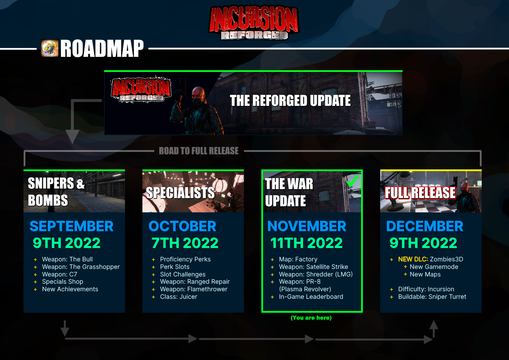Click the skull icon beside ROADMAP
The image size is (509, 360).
(50, 48)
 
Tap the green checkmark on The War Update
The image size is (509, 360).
(352, 181)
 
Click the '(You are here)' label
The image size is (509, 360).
(311, 318)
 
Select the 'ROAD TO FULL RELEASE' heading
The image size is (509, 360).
(199, 151)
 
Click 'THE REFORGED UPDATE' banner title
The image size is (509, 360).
(290, 101)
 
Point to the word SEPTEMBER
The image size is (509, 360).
(71, 226)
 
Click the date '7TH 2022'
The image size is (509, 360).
(185, 243)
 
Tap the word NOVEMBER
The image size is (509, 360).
(307, 226)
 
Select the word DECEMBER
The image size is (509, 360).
(425, 226)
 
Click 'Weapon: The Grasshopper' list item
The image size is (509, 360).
(81, 267)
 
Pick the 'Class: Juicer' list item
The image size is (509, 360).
(179, 297)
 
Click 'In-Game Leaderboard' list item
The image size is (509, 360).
(311, 297)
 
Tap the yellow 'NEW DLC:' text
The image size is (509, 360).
(413, 259)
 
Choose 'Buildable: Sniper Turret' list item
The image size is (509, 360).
(432, 297)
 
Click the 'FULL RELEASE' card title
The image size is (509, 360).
(420, 193)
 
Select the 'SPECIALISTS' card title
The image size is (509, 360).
(180, 193)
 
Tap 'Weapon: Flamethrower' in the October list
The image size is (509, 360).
(194, 289)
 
